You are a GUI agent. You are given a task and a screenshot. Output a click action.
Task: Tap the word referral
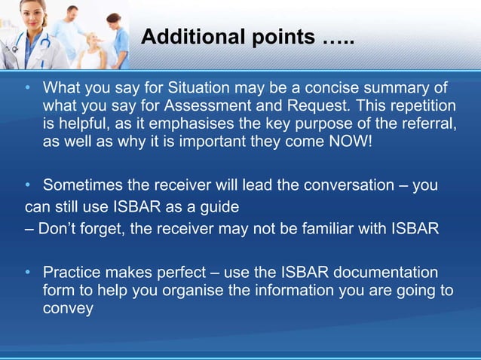tap(427, 125)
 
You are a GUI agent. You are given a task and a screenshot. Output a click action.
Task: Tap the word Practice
tap(73, 271)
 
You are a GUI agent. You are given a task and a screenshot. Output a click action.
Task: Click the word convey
tap(68, 307)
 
